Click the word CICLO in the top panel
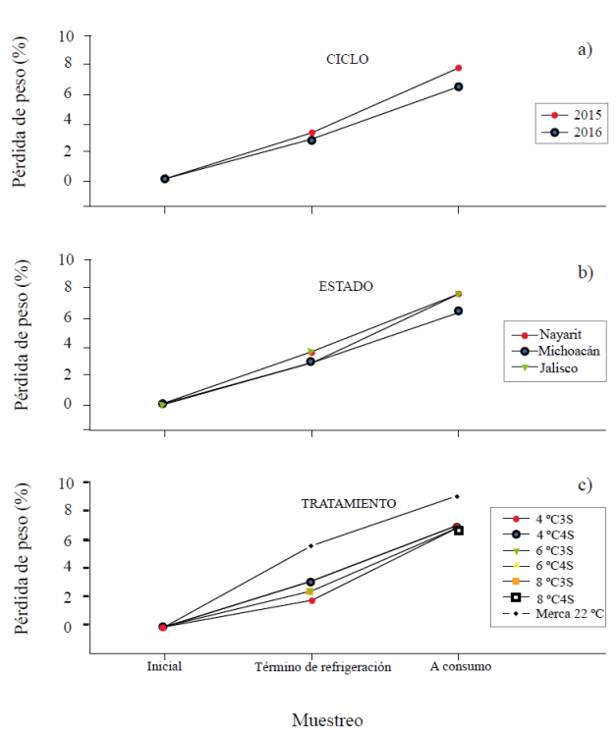pos(347,59)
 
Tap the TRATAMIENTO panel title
pos(349,503)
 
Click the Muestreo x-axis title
pos(327,719)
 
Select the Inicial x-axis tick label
pos(164,666)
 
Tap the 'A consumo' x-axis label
pos(460,666)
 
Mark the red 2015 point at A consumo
pos(459,68)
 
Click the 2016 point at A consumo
pos(459,86)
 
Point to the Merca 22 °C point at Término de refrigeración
pos(311,545)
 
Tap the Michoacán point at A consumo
pos(459,310)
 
